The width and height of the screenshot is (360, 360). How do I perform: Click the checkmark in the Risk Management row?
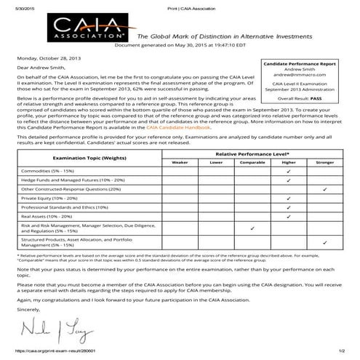point(252,228)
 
